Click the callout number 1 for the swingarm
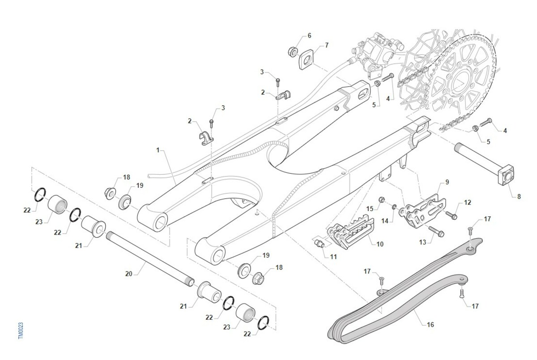coord(158,150)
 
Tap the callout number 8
coord(519,196)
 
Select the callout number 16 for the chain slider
coord(430,325)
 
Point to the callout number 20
coord(129,274)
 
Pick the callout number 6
coord(309,35)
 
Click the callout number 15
coord(370,209)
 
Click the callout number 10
coord(380,244)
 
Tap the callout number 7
coord(327,45)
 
